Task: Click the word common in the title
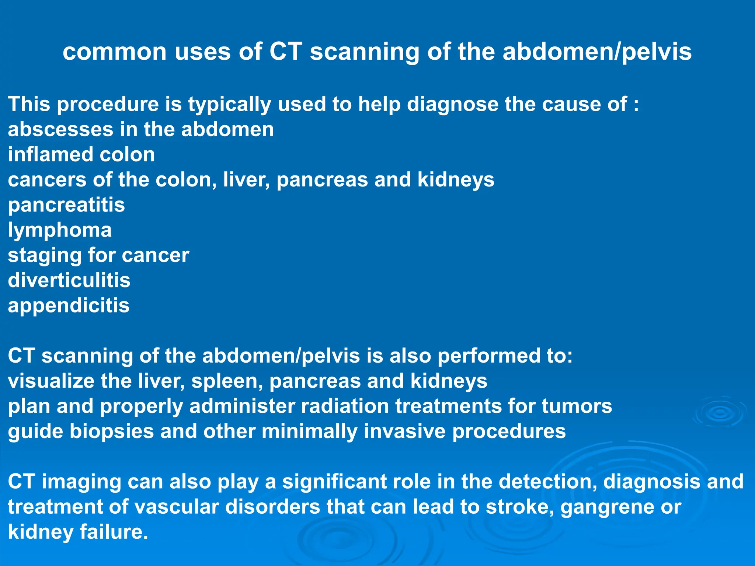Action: (x=115, y=52)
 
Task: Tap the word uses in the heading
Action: (x=202, y=52)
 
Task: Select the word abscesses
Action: (x=60, y=129)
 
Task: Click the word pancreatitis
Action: (x=66, y=205)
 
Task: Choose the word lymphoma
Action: (x=60, y=230)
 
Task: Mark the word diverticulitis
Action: (x=69, y=280)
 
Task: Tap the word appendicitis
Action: (x=69, y=306)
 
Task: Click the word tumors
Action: (x=577, y=406)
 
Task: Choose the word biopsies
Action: (x=112, y=432)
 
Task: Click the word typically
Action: (x=230, y=104)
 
